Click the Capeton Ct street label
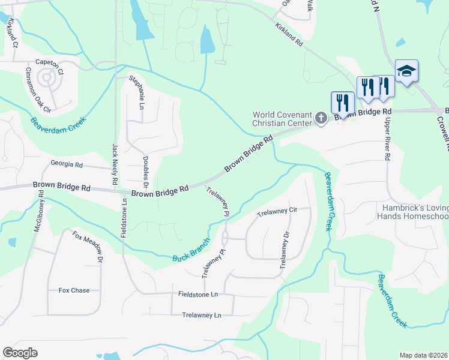tap(49, 62)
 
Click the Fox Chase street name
tap(74, 290)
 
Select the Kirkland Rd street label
tap(289, 35)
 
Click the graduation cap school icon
tap(406, 71)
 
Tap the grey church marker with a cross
tap(321, 118)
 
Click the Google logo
tap(20, 353)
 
